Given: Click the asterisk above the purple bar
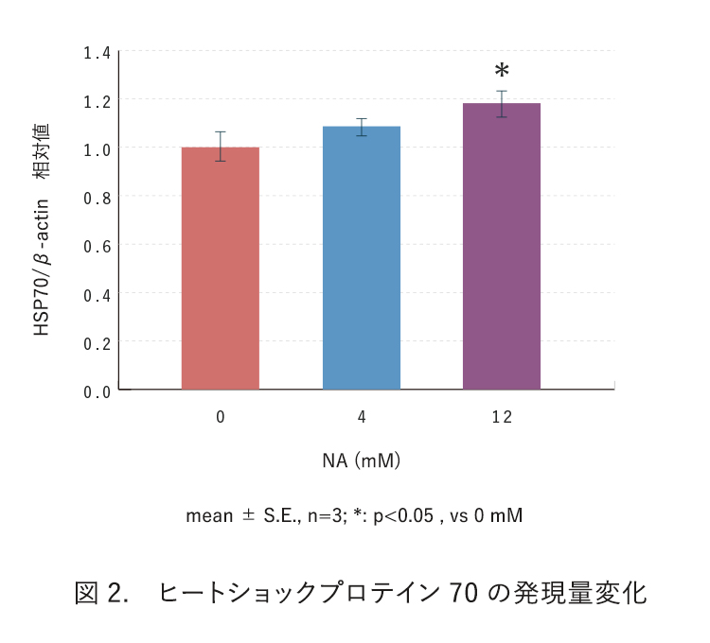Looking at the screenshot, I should coord(502,72).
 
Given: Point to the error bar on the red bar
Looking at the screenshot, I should coord(220,147).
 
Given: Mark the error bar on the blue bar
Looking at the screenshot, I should coord(361,127).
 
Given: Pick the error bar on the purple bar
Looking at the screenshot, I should coord(502,104).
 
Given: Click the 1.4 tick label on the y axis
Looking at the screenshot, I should coord(97,52).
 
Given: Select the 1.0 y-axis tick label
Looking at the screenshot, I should coord(97,148).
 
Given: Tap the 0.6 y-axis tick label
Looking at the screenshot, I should coord(97,246).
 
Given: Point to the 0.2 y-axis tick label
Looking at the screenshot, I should coord(97,342).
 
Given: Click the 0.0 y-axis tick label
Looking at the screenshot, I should coord(97,391).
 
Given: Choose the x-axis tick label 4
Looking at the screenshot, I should coord(361,417).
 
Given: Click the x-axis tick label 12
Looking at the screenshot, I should coord(502,417).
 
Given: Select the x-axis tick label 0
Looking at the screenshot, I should coord(220,417).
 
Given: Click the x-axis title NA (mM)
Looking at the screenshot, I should coord(361,461).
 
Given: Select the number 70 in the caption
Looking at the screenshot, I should coord(464,594).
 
